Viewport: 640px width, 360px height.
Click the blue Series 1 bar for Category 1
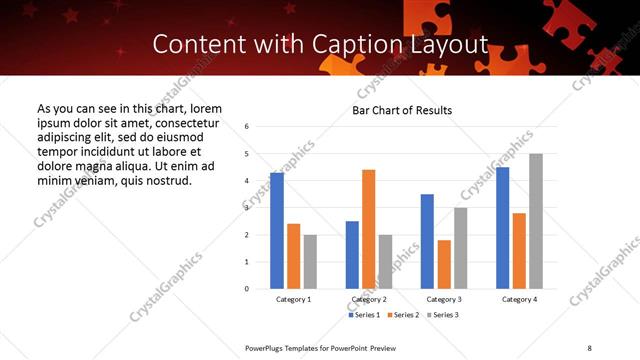tap(277, 231)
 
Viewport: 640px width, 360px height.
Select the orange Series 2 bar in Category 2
tap(368, 229)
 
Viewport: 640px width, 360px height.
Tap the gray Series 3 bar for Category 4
tap(536, 221)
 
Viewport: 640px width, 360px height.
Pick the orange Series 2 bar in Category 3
tap(444, 264)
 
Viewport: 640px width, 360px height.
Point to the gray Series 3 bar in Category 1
tap(310, 262)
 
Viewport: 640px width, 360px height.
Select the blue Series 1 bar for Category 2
tap(352, 255)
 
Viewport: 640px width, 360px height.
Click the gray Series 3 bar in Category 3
tap(460, 248)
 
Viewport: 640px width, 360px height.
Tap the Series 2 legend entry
tap(403, 315)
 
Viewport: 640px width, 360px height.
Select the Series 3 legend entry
tap(444, 315)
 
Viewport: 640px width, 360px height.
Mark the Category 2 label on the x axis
tap(369, 299)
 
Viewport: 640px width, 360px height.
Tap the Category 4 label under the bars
tap(519, 299)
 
